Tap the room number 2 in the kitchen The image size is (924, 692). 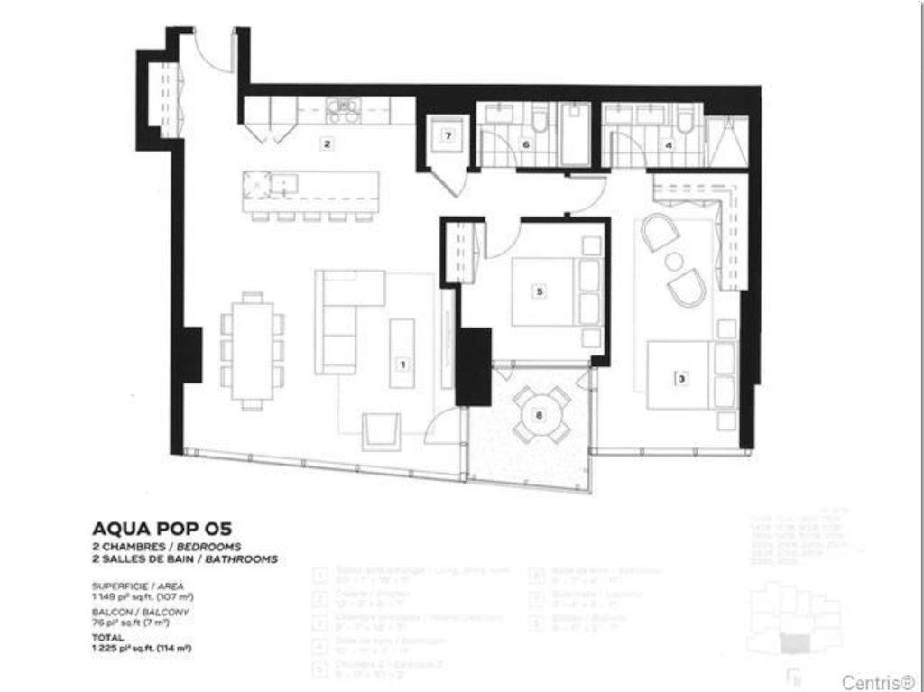(x=328, y=143)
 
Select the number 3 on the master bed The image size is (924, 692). (x=682, y=379)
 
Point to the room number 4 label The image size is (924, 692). (x=669, y=143)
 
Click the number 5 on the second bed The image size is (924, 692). (x=539, y=291)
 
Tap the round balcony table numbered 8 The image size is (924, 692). (x=540, y=415)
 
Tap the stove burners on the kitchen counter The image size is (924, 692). (x=344, y=110)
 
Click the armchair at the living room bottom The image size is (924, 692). (x=381, y=430)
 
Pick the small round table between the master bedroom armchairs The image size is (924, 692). (x=674, y=262)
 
